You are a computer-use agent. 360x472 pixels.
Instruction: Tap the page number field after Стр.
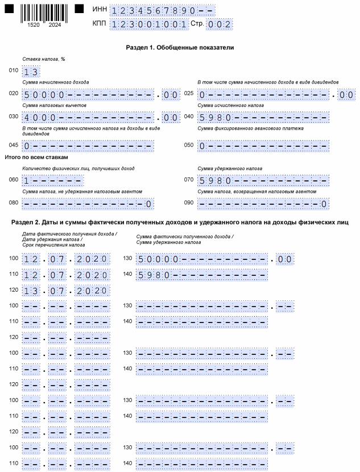click(219, 24)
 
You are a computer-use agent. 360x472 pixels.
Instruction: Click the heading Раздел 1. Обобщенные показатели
click(180, 48)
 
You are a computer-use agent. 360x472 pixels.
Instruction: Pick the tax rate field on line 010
click(31, 72)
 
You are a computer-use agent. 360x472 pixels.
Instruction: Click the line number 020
click(14, 94)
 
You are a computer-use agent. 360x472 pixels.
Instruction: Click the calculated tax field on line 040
click(263, 118)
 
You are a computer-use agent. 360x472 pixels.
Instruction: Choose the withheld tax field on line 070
click(263, 181)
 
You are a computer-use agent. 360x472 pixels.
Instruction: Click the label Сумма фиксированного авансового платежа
click(251, 129)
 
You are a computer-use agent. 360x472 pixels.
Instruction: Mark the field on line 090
click(263, 204)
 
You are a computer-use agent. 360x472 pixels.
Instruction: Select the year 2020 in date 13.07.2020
click(92, 291)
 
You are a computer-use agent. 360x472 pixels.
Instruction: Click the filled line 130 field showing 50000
click(202, 259)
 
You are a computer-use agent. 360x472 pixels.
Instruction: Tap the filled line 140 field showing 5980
click(202, 275)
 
